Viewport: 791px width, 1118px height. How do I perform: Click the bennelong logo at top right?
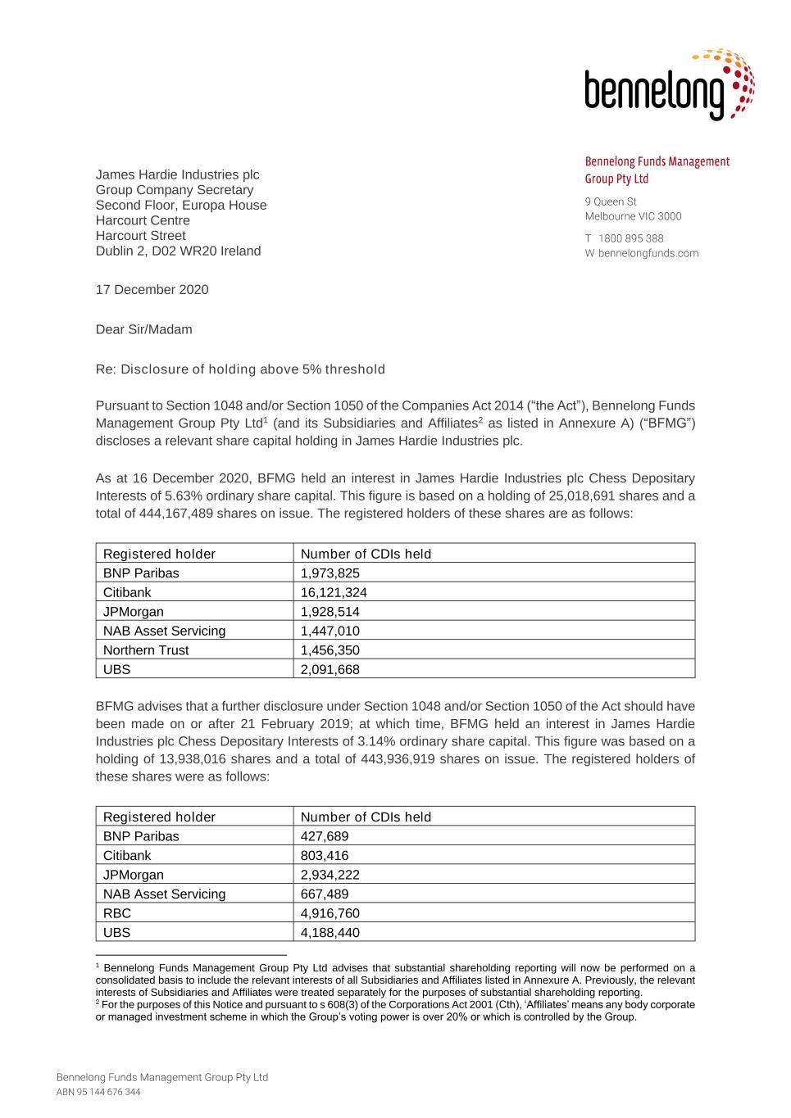click(668, 85)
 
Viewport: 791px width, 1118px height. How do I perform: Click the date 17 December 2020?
click(152, 290)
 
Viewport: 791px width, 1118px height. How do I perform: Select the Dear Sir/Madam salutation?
click(143, 330)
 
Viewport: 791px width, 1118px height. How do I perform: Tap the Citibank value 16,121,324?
click(334, 592)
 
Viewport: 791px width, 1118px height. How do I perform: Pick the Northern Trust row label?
click(146, 650)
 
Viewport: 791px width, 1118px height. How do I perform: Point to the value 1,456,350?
click(330, 650)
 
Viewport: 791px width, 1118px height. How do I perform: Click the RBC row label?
click(117, 913)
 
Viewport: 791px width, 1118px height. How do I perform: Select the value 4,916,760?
click(330, 913)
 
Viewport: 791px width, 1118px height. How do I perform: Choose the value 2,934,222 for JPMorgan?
click(330, 875)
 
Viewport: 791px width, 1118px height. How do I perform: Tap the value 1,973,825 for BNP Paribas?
click(330, 573)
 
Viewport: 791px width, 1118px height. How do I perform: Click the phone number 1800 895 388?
click(630, 238)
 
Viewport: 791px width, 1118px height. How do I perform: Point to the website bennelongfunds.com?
click(648, 253)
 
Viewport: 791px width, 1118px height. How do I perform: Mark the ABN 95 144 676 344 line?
click(98, 1093)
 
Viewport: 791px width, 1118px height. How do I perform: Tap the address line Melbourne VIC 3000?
click(633, 216)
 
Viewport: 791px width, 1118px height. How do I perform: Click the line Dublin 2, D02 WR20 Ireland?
click(178, 251)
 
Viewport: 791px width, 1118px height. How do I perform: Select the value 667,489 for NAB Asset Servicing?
click(325, 894)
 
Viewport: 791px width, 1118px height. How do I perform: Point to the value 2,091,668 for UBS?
click(330, 670)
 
